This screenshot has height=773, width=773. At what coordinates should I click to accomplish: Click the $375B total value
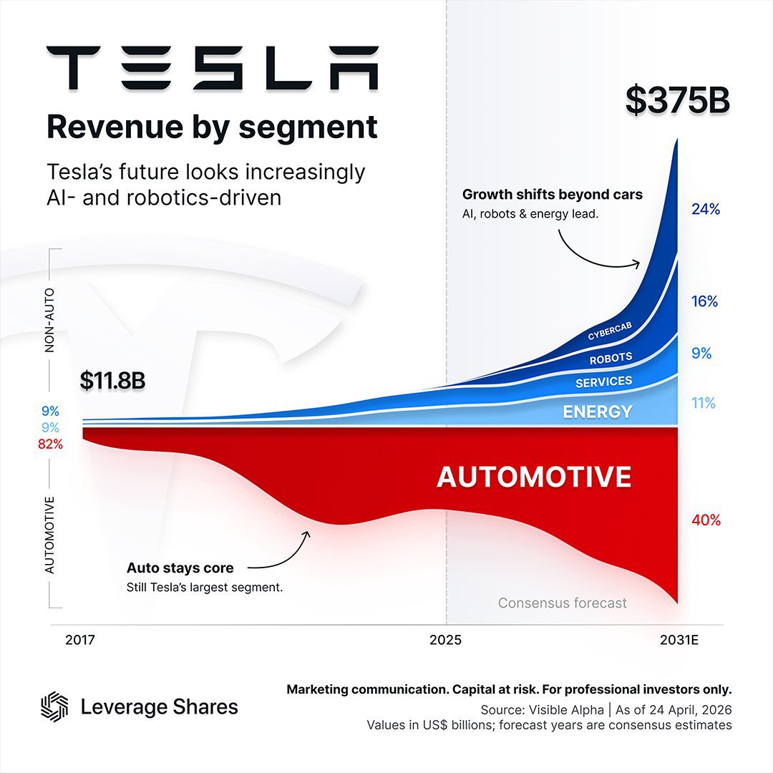coord(677,100)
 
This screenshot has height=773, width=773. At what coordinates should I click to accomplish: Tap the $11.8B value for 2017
coord(112,380)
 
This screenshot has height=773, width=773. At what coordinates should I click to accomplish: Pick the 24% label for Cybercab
coord(705,210)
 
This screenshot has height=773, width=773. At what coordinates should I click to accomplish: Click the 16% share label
coord(704,302)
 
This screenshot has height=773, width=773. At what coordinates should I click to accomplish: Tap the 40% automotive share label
coord(706,520)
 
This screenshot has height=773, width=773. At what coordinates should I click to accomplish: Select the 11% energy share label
coord(703,404)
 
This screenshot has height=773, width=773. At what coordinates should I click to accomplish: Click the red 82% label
coord(50,444)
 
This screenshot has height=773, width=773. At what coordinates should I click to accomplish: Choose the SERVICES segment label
coord(603,382)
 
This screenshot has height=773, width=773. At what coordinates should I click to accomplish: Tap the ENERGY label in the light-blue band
coord(597,412)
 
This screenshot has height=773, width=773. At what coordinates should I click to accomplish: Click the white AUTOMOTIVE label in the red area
coord(534,477)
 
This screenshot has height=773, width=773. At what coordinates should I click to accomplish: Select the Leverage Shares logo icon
coord(54,707)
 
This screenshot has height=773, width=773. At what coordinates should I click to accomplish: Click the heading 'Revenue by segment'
coord(212,127)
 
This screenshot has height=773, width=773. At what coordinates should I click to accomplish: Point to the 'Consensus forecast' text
coord(562,603)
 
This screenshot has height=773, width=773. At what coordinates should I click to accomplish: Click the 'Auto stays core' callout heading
coord(180,568)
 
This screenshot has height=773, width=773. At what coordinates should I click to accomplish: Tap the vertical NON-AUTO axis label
coord(50,321)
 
